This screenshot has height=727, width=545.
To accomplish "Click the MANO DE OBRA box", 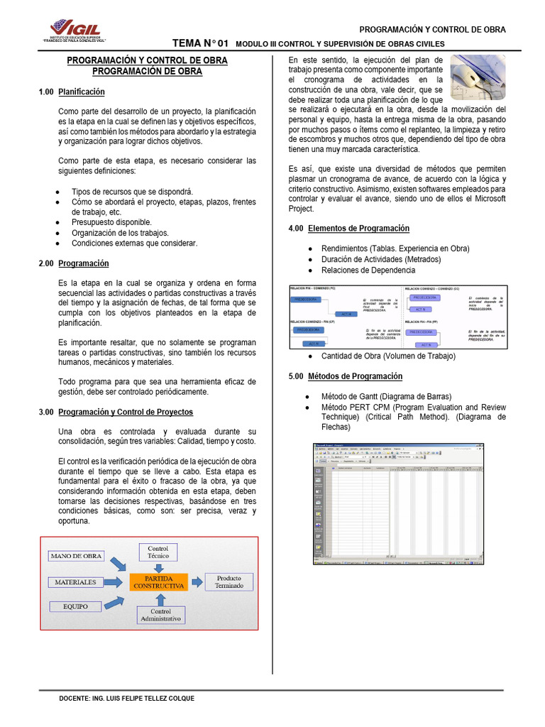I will click(x=76, y=555).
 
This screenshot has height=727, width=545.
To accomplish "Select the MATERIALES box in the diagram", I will click(x=72, y=582).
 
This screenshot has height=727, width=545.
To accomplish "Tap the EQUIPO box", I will click(x=75, y=607).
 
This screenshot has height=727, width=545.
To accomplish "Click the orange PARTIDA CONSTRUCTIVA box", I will click(x=158, y=582).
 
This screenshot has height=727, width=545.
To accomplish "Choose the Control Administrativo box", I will click(x=160, y=616).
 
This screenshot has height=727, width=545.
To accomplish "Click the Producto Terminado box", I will click(x=229, y=581).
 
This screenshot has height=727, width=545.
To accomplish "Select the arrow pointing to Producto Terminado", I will click(x=196, y=581).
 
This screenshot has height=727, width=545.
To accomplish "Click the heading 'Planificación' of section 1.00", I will click(x=81, y=92).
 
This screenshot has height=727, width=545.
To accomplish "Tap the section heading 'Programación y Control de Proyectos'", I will click(x=125, y=412).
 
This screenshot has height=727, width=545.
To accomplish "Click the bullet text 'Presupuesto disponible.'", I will click(x=111, y=222).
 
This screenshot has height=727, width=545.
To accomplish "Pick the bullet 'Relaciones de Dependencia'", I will click(x=368, y=270).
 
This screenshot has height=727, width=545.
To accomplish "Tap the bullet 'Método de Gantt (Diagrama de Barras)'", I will click(x=386, y=396).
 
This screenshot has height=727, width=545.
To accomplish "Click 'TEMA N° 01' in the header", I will click(x=201, y=43).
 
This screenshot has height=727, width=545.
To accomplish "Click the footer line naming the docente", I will click(x=126, y=699).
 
